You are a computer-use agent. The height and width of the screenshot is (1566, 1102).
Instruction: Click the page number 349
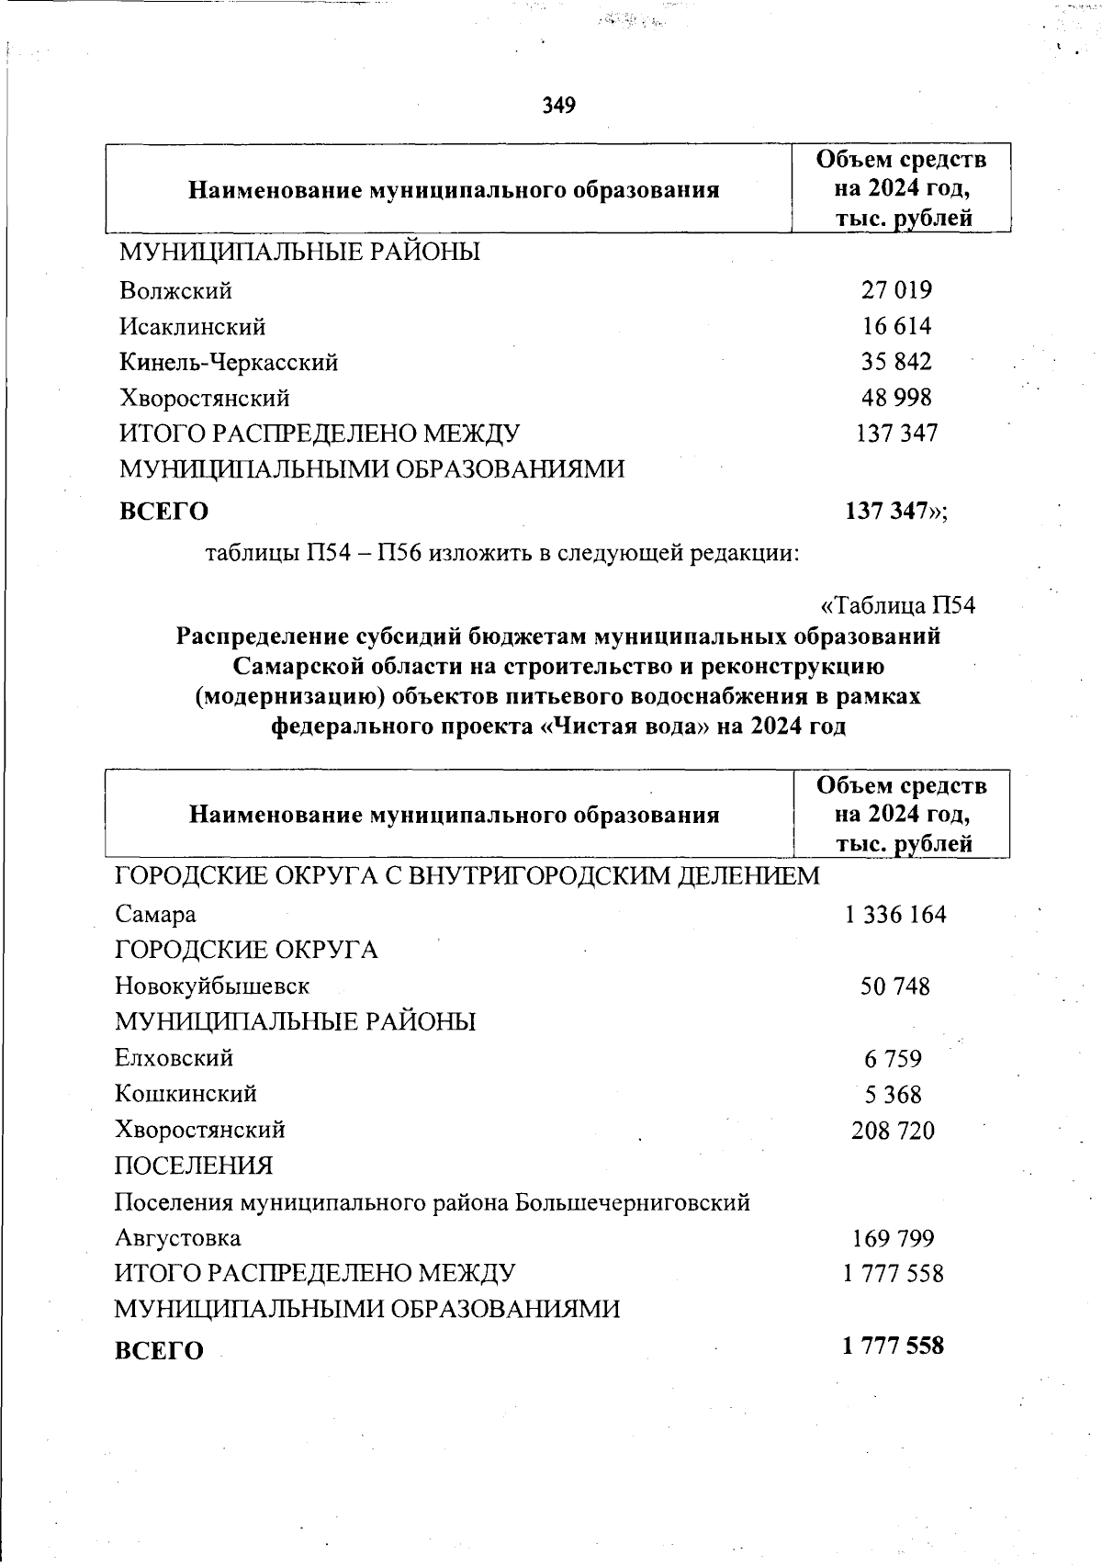pos(558,106)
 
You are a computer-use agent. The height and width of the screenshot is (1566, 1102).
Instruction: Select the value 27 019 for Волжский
pos(896,290)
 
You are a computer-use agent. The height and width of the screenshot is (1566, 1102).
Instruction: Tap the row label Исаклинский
pos(193,327)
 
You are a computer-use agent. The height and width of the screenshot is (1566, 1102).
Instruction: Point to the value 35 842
pos(896,362)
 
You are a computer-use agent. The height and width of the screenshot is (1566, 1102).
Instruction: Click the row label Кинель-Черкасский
pos(229,363)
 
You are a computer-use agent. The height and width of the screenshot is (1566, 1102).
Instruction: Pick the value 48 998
pos(896,398)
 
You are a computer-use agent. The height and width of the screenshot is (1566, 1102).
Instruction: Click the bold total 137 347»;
pos(896,511)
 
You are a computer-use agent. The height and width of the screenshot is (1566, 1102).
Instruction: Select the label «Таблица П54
pos(897,606)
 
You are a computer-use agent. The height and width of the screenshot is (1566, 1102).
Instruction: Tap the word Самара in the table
pos(155,915)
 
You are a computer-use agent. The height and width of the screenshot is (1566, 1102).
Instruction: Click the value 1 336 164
pos(895,915)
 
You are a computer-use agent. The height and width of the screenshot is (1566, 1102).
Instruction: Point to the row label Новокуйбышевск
pos(212,986)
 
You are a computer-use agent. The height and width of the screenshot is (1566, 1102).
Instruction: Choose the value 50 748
pos(895,987)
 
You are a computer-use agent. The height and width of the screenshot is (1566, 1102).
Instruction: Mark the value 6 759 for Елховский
pos(893,1059)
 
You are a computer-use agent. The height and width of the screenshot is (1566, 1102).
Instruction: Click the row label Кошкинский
pos(186,1094)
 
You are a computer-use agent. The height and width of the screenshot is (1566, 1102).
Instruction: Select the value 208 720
pos(894,1131)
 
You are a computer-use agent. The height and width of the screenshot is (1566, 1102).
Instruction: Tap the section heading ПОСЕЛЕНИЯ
pos(194,1166)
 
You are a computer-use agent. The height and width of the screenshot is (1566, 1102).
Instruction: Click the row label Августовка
pos(178,1238)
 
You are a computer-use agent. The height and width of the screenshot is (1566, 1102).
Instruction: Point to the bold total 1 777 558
pos(894,1346)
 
